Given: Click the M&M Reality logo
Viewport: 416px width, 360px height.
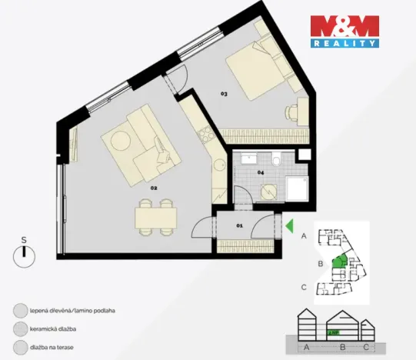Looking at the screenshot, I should pos(344,32).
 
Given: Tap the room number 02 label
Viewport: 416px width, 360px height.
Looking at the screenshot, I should pos(154,187).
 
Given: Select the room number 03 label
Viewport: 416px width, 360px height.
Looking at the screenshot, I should pos(224,94).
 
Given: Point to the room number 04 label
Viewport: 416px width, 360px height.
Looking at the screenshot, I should pos(261,173).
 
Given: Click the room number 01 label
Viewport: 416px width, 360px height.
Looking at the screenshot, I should pos(238,225).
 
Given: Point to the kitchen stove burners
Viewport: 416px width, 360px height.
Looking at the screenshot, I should pos(205,135).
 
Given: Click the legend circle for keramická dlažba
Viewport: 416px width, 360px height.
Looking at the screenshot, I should pos(19,329).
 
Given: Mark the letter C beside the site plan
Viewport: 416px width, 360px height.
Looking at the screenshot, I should pos(305,288).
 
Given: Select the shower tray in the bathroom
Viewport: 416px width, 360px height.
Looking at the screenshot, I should pos(296,188).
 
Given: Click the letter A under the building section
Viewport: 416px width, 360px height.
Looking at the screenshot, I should pos(307,347).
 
